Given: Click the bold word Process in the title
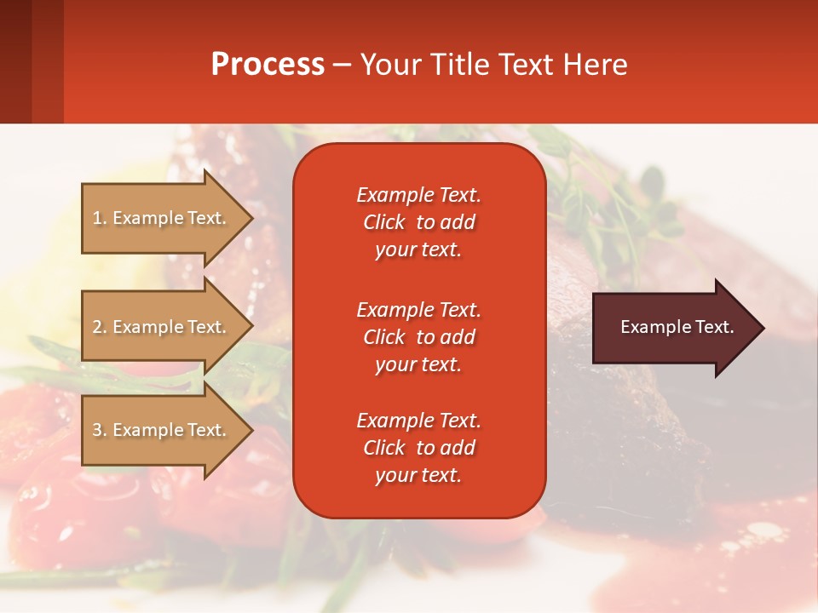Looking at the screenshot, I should [268, 65].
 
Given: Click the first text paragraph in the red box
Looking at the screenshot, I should [418, 222].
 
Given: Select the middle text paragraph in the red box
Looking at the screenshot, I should [418, 337].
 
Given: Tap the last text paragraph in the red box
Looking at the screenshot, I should [418, 448].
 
